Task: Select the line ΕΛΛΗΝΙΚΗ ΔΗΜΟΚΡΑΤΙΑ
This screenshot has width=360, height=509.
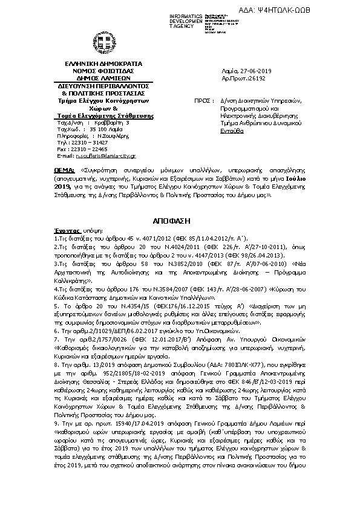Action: tap(103, 63)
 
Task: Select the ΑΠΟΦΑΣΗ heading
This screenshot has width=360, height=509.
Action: tap(180, 218)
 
